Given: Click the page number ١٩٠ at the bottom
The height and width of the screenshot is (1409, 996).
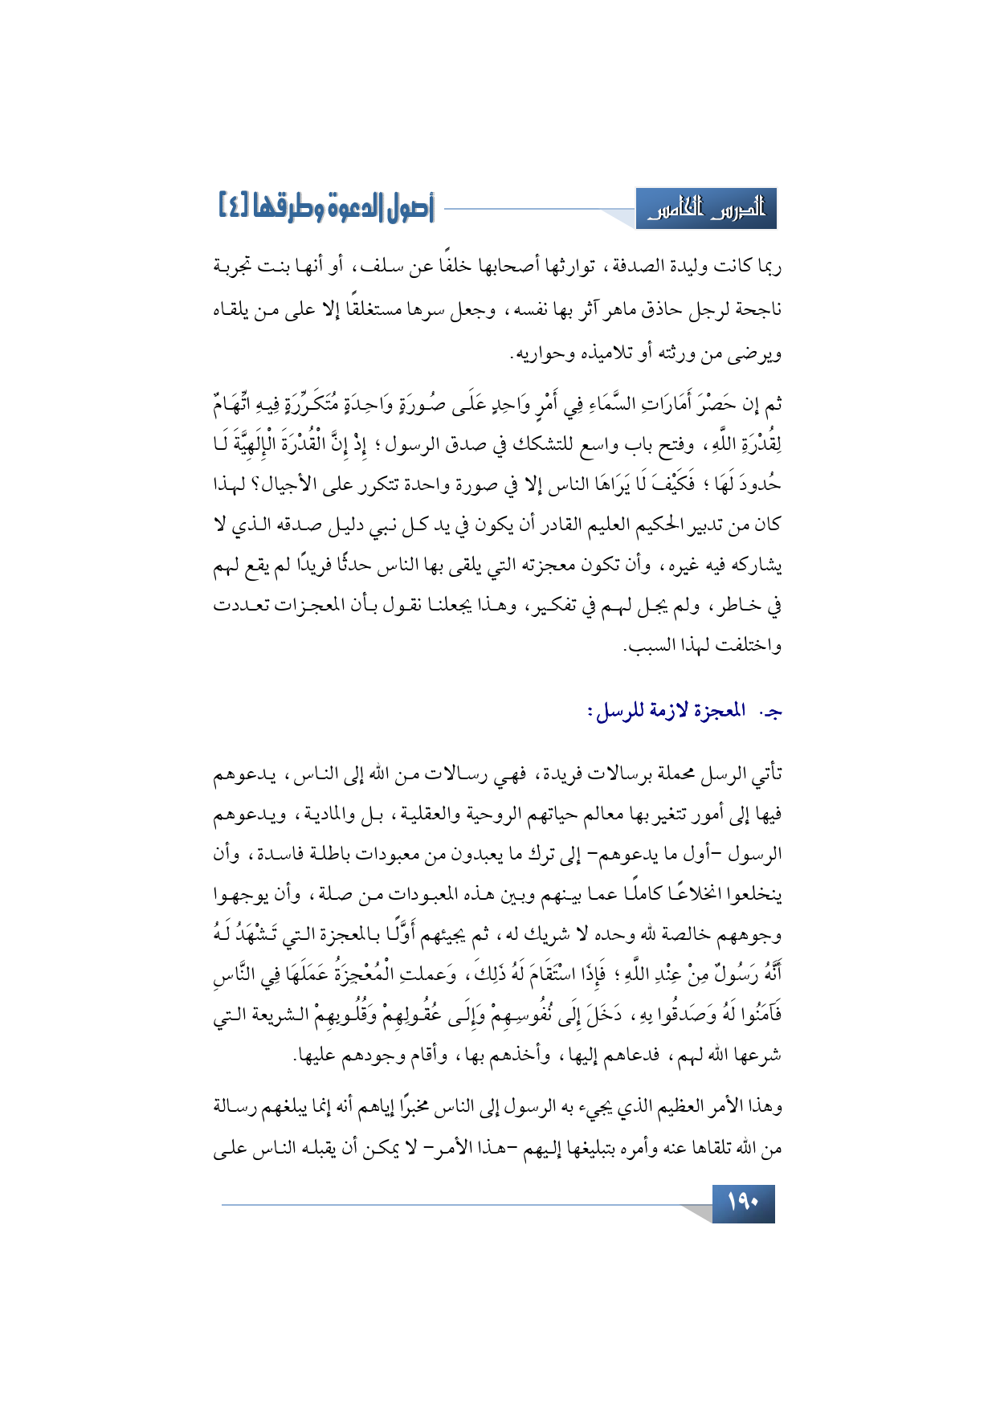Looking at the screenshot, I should coord(743,1203).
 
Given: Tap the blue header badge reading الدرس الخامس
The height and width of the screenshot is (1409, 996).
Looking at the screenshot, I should coord(707,210).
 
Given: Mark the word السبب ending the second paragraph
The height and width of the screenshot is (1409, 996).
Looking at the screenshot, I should coord(651,647).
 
